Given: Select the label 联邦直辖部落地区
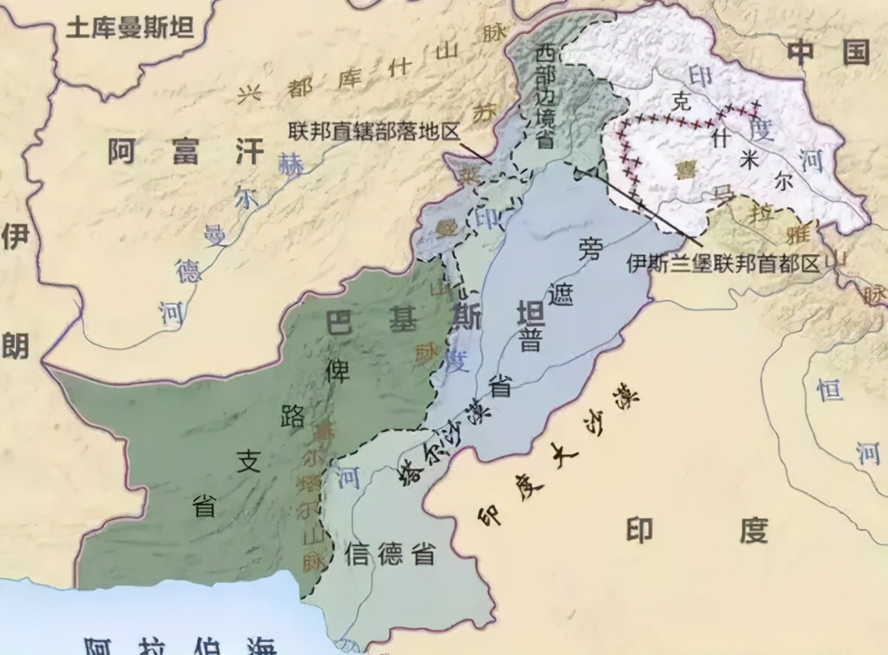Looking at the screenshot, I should coord(375,130).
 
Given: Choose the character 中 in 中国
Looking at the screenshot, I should coord(805,52).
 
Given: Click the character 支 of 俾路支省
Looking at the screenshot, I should coord(248,461).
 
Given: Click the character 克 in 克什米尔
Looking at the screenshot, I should coord(683,103).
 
